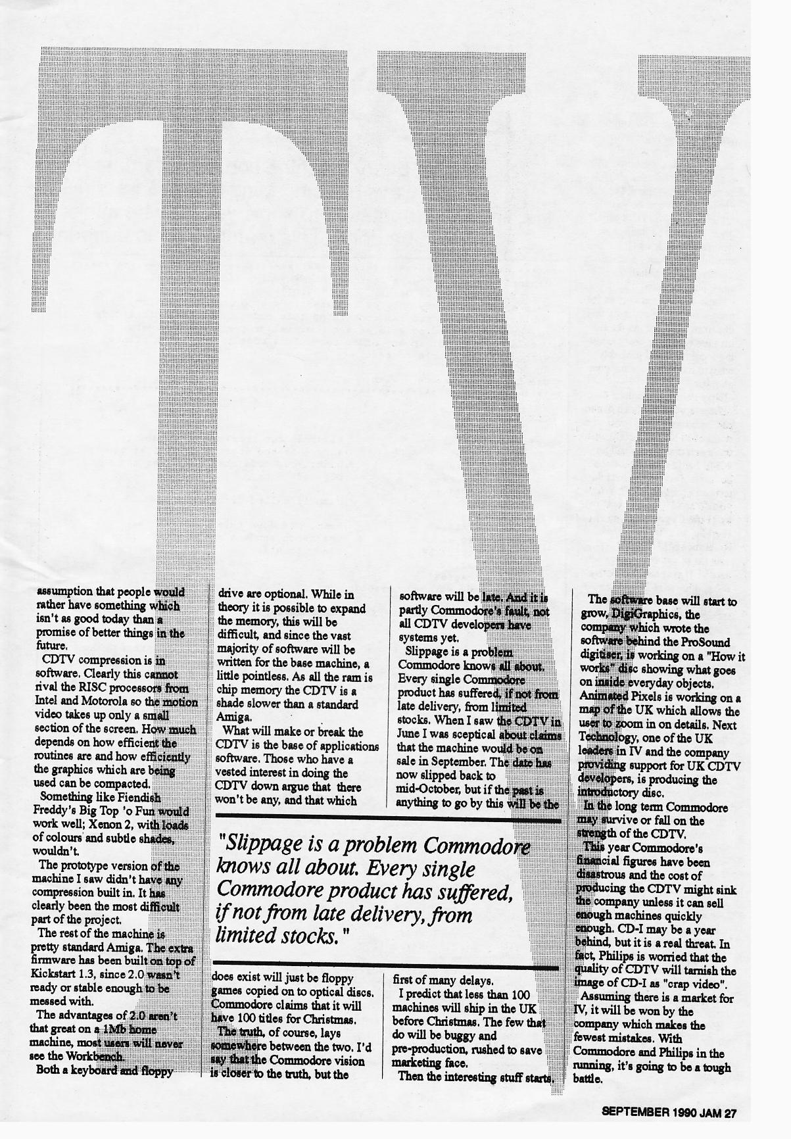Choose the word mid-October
(x=427, y=789)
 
